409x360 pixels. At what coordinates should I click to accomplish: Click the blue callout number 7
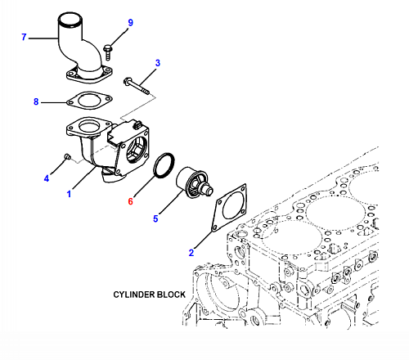(x=24, y=37)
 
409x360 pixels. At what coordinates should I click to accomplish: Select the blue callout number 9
(x=131, y=23)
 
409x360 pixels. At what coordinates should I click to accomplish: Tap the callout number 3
(x=158, y=63)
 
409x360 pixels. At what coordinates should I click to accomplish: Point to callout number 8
(x=36, y=101)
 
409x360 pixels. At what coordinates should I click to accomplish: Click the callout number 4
(x=47, y=178)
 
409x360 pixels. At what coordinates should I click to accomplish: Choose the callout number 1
(x=69, y=194)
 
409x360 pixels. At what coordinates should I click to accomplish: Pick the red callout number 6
(x=131, y=201)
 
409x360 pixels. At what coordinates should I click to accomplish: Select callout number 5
(x=155, y=218)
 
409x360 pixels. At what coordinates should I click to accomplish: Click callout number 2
(x=191, y=253)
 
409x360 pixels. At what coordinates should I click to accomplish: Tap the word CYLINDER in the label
(x=134, y=295)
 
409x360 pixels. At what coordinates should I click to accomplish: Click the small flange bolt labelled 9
(x=108, y=52)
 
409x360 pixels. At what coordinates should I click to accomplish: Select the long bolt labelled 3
(x=137, y=86)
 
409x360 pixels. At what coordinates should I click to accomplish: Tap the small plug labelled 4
(x=67, y=156)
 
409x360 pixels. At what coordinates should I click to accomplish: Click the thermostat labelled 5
(x=194, y=182)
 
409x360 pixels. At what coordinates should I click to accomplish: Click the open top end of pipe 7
(x=70, y=20)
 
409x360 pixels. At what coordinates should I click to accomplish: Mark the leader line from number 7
(x=43, y=38)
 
